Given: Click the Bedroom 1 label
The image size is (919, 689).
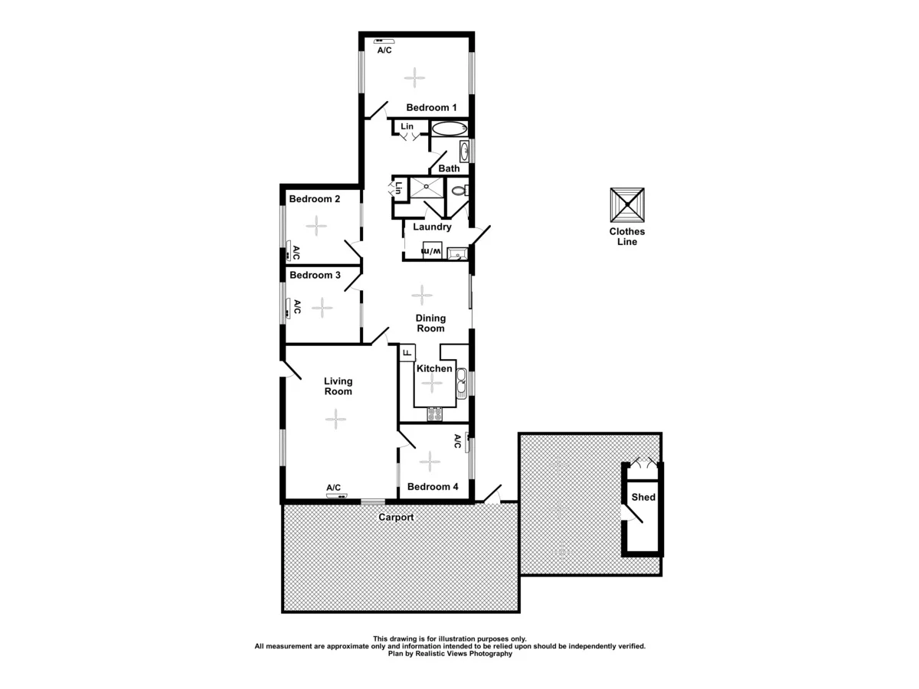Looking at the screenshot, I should pyautogui.click(x=431, y=107).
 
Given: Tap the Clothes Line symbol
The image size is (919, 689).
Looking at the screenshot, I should pyautogui.click(x=627, y=204).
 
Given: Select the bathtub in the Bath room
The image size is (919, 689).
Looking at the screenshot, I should pyautogui.click(x=448, y=129).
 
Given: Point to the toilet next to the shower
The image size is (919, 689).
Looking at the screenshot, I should pyautogui.click(x=459, y=191).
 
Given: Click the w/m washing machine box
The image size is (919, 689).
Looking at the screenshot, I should pyautogui.click(x=432, y=251).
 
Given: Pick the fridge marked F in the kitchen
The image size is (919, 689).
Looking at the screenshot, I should pyautogui.click(x=407, y=354).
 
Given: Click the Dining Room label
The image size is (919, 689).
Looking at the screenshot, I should pyautogui.click(x=430, y=323).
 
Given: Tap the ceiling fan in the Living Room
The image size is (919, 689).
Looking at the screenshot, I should pyautogui.click(x=335, y=418).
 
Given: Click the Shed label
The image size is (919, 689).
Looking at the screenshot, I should pyautogui.click(x=643, y=498).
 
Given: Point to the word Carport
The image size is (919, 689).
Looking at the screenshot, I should pyautogui.click(x=396, y=518).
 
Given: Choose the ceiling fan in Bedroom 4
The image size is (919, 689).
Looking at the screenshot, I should pyautogui.click(x=430, y=461).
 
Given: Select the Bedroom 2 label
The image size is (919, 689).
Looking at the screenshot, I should pyautogui.click(x=314, y=199).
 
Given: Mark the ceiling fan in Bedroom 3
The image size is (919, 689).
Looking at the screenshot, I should pyautogui.click(x=322, y=308).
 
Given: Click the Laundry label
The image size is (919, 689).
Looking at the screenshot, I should pyautogui.click(x=432, y=227).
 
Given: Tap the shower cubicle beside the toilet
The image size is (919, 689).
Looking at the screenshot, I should pyautogui.click(x=425, y=188).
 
